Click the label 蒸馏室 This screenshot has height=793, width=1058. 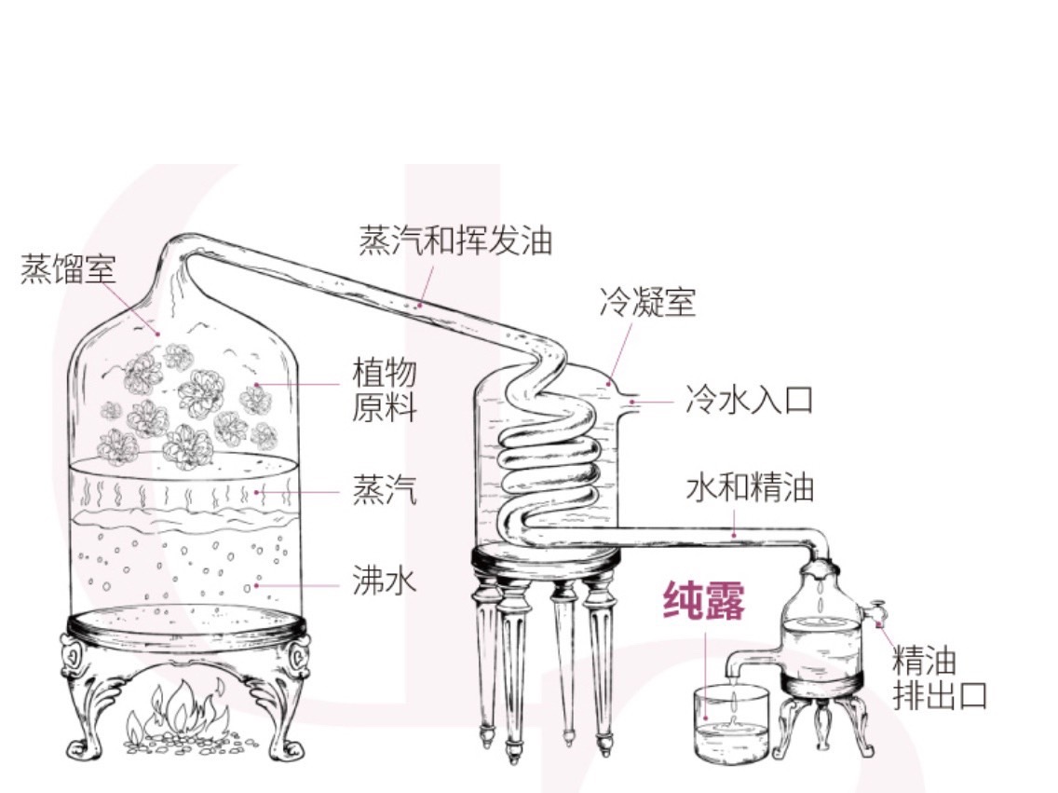click(x=68, y=269)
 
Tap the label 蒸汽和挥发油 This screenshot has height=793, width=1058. click(x=455, y=239)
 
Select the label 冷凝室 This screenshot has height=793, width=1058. click(x=647, y=302)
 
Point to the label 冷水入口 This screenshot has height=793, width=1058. click(x=749, y=400)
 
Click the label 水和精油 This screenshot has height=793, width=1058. click(x=750, y=487)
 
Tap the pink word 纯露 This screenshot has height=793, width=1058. click(x=704, y=601)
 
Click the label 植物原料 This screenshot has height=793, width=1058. click(x=384, y=390)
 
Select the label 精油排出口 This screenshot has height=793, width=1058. click(x=938, y=679)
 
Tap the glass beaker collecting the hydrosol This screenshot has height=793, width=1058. click(x=732, y=724)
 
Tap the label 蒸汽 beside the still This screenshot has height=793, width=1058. click(x=384, y=490)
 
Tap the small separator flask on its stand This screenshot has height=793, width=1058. click(x=820, y=634)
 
